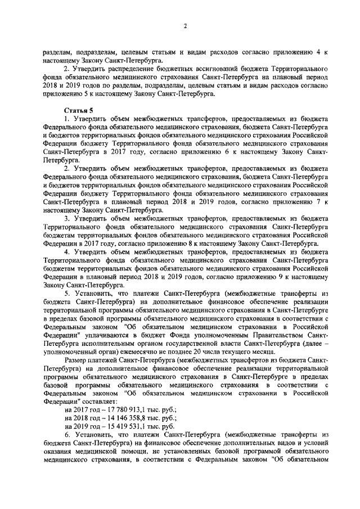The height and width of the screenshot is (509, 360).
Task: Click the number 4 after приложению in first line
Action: [318, 52]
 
